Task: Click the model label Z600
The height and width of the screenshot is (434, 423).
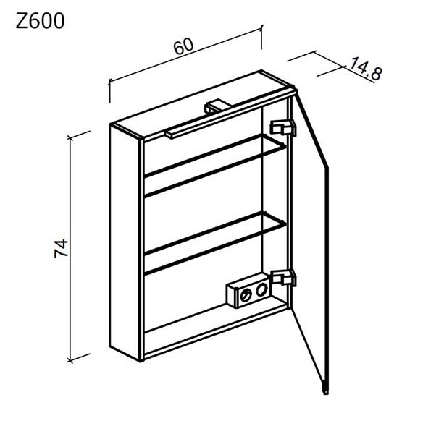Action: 40,21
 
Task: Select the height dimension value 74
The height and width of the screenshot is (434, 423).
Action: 61,249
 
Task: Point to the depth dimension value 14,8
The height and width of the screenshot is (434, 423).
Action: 366,69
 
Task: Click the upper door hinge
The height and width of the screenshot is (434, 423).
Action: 283,128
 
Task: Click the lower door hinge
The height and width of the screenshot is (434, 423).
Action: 284,278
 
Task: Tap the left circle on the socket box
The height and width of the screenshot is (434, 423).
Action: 245,297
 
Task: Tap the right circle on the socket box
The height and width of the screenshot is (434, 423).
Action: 261,290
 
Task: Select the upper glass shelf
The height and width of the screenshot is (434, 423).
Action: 215,166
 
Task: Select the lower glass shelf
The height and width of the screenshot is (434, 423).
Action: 215,243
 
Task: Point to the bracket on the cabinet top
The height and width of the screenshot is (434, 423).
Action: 217,106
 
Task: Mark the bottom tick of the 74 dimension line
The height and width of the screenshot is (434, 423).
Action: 70,360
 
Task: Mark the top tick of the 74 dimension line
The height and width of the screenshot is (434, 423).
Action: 70,137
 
